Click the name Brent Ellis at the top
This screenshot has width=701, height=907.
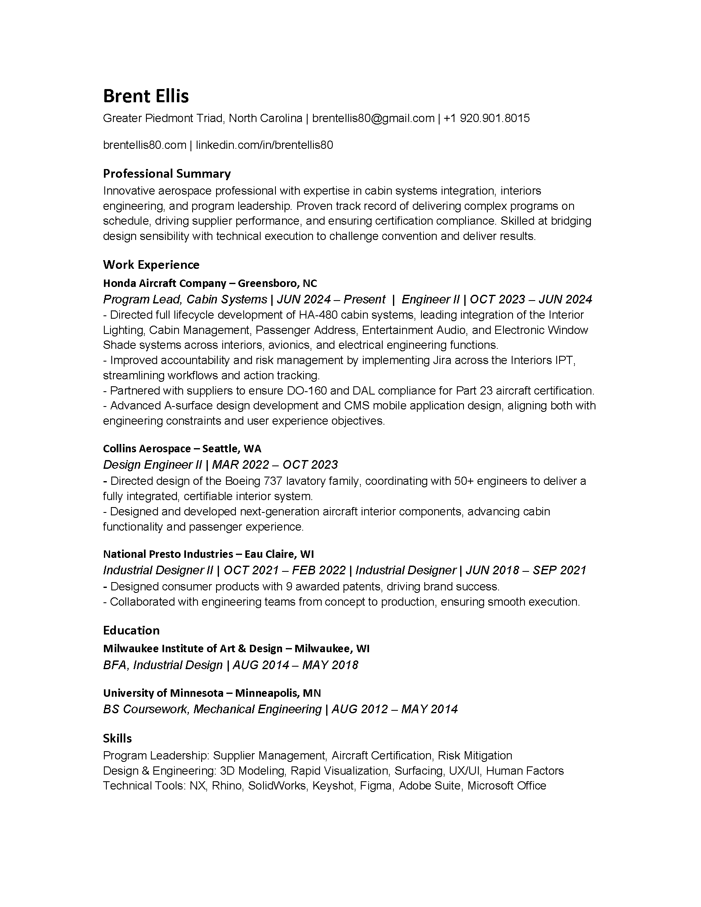[146, 96]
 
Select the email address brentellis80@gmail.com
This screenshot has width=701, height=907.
[373, 119]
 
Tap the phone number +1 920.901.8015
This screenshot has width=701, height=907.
[486, 119]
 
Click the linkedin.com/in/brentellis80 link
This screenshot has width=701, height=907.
[264, 146]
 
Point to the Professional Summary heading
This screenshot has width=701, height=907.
[167, 174]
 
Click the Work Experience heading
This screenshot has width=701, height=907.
[151, 265]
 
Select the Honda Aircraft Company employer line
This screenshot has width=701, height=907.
[210, 283]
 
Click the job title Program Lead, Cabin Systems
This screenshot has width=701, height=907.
[185, 299]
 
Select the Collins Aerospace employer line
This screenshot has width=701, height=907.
[182, 449]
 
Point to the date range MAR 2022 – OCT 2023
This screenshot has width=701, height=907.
[275, 465]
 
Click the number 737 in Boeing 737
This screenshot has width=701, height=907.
[273, 481]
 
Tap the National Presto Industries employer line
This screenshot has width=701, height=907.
[208, 554]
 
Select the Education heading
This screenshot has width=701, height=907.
[131, 630]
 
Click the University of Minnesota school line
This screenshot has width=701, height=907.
[212, 693]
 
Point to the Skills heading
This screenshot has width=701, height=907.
[118, 738]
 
